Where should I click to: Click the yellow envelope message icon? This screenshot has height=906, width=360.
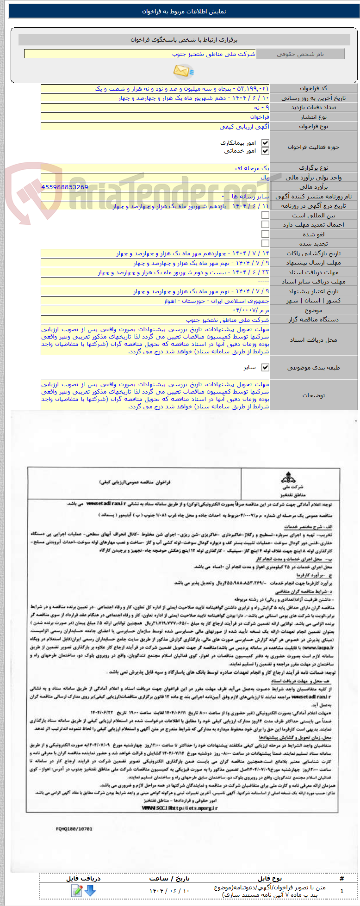click(183, 71)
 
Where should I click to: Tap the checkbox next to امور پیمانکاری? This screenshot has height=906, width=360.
click(265, 143)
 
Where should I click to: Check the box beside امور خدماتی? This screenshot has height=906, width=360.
click(265, 151)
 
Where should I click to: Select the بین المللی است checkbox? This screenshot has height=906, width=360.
click(265, 215)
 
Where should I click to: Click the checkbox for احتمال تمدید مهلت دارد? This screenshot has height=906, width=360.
click(265, 224)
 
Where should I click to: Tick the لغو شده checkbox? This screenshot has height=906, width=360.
click(265, 234)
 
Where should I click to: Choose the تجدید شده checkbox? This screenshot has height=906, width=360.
click(265, 243)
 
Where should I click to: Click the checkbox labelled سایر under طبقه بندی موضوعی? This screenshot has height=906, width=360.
click(265, 367)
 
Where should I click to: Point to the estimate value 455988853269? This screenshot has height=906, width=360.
click(65, 187)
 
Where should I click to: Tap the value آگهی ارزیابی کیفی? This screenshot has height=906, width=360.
click(244, 126)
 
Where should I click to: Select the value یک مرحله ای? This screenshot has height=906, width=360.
click(252, 168)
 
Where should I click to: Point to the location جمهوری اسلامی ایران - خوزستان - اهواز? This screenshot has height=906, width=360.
click(216, 301)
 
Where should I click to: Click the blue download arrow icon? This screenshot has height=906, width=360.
click(90, 890)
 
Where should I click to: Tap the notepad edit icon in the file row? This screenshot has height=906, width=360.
click(77, 890)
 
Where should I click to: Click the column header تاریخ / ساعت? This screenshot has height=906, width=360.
click(169, 878)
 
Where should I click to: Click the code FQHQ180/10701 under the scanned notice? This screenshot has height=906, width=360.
click(74, 829)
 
